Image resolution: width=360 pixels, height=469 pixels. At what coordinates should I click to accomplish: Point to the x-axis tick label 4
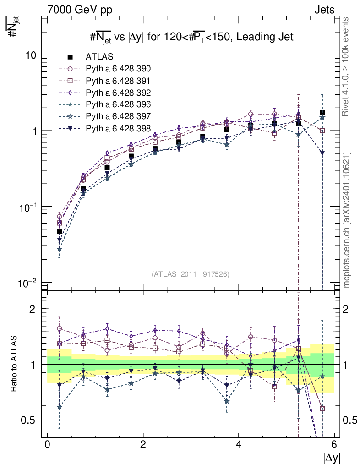[239, 445]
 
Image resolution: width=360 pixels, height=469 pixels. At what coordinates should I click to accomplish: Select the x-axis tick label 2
[143, 445]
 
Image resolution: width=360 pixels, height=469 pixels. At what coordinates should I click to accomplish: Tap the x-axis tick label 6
[334, 445]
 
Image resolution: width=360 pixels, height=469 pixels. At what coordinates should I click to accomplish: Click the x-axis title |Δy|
[332, 457]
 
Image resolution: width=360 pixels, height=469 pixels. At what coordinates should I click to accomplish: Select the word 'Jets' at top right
[324, 10]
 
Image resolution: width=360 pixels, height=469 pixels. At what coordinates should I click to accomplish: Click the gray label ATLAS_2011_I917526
[190, 274]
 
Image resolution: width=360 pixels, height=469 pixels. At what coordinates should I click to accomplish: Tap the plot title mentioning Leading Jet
[191, 37]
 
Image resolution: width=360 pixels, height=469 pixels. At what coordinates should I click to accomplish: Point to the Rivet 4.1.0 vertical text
[347, 71]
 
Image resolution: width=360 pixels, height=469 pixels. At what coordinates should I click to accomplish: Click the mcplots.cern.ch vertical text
[347, 220]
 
